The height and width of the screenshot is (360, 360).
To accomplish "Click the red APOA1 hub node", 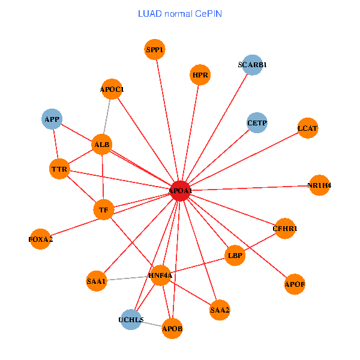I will coord(181,191).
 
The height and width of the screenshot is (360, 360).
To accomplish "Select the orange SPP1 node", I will coord(155,50).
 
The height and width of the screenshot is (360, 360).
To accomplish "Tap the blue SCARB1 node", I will coord(253,64).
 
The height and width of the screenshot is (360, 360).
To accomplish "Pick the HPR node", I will coord(200,75).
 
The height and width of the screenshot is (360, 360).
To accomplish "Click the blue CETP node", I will coord(257,123).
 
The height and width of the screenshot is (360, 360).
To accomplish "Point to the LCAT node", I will coord(307,128).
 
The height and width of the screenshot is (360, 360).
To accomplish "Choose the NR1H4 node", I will coord(319,185).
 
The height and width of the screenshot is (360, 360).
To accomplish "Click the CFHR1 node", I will coord(285,229).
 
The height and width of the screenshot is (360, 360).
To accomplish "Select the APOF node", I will coord(295,284).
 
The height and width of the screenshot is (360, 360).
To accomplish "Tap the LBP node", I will coord(235,256).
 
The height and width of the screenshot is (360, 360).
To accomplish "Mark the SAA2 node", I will coord(220,310).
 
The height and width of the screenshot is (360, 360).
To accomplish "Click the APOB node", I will coord(172,329).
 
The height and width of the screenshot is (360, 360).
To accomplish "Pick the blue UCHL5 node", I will coord(131,320).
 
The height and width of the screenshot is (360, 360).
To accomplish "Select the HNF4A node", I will coord(160,275).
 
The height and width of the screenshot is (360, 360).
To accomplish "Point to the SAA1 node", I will coord(96,281).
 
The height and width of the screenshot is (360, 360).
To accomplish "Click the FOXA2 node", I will coord(41,239).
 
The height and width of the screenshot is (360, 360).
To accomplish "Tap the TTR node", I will coord(59,169).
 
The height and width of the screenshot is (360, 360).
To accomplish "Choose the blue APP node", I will coord(53,119).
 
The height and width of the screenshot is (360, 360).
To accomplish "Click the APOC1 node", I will coord(112,90).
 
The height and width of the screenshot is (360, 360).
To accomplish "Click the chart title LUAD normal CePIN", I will coord(180,13).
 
